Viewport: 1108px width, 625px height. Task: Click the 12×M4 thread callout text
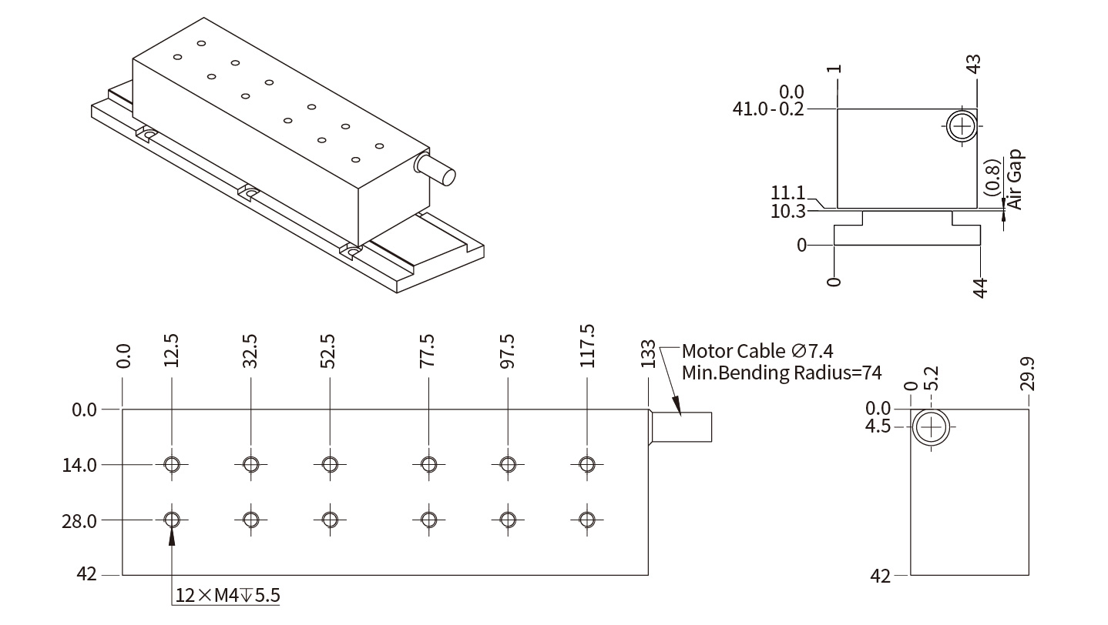227,595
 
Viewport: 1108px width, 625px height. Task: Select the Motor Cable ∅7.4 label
757,352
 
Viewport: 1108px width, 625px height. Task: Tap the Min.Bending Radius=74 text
781,374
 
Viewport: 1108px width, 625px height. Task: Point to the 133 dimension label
648,354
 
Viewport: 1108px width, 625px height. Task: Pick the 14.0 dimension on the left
79,465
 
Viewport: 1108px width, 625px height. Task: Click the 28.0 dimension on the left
79,520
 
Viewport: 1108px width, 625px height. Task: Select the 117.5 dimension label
587,346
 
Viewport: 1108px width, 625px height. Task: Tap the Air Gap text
1014,179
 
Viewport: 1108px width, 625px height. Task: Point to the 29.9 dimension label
1027,373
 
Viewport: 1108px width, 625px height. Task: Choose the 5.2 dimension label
932,377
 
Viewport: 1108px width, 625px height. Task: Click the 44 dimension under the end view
980,288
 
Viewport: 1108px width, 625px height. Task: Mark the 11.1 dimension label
787,193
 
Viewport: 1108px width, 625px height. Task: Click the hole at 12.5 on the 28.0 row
172,520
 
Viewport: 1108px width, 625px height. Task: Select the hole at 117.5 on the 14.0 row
587,464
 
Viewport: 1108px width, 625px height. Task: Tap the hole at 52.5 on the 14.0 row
330,464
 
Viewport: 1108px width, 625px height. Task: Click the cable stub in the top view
682,426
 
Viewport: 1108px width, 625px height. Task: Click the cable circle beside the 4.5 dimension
931,426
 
